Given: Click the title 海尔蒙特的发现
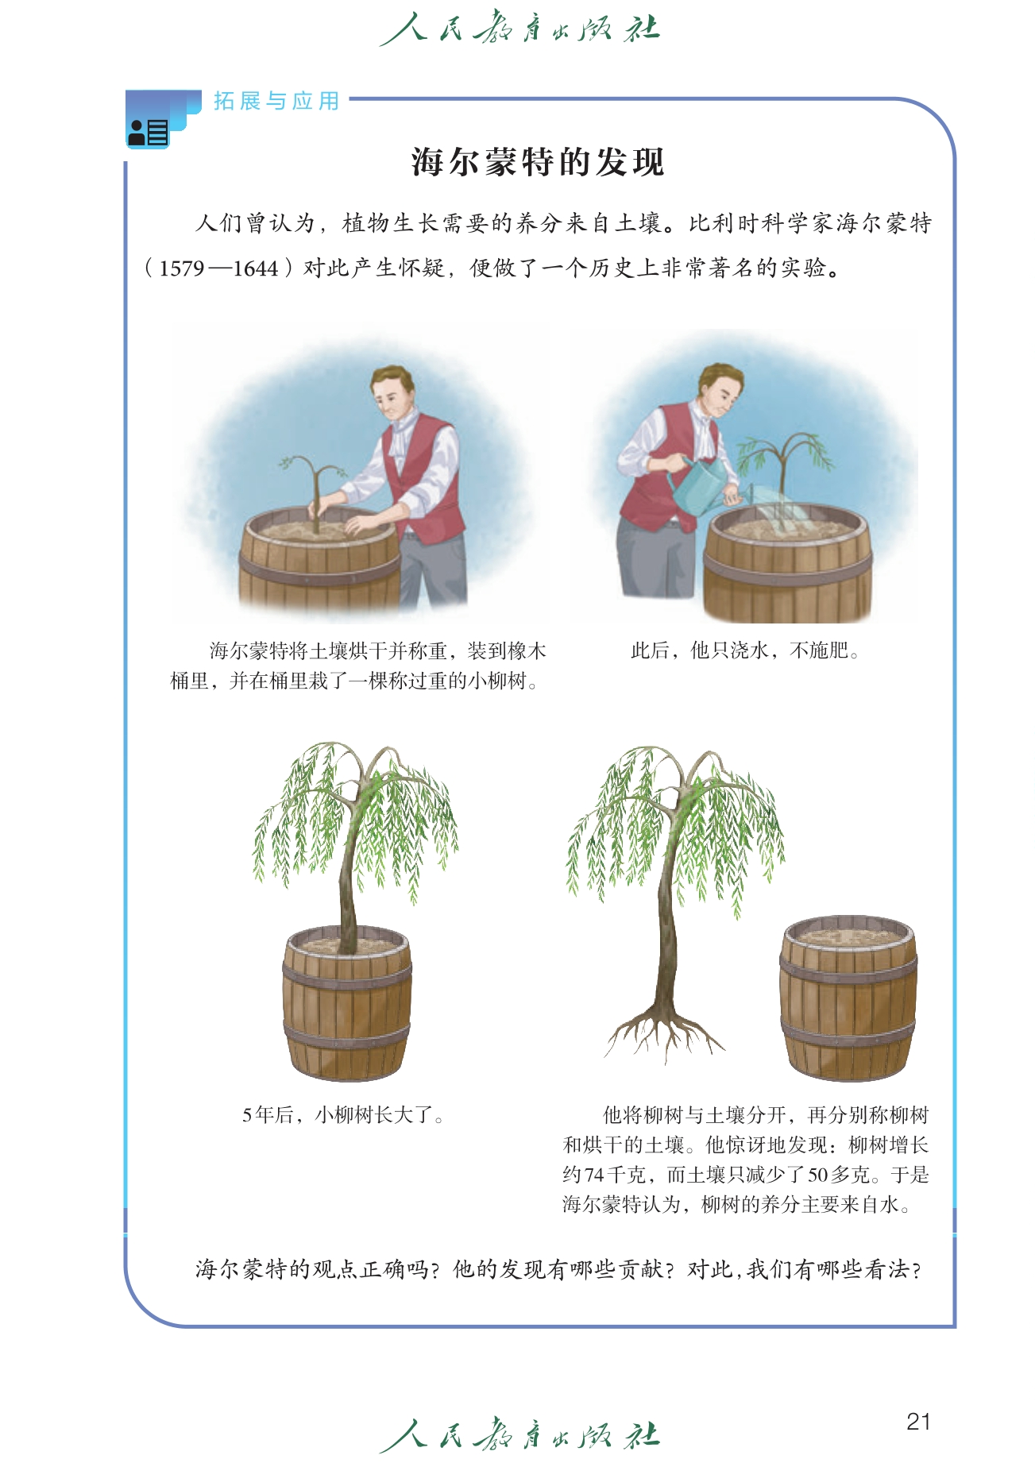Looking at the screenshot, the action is [538, 162].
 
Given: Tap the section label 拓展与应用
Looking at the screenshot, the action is [276, 101].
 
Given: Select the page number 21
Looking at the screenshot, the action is [918, 1421].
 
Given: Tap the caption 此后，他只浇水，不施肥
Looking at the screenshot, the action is [745, 651].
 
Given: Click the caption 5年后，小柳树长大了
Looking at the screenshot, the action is [343, 1115].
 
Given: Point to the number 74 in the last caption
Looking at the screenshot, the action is [594, 1175].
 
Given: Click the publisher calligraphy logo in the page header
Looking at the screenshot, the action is [519, 29].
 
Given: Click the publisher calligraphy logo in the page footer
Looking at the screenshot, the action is [519, 1435].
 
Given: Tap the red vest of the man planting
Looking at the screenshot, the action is [425, 477].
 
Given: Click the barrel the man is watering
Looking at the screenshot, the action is [787, 564].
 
